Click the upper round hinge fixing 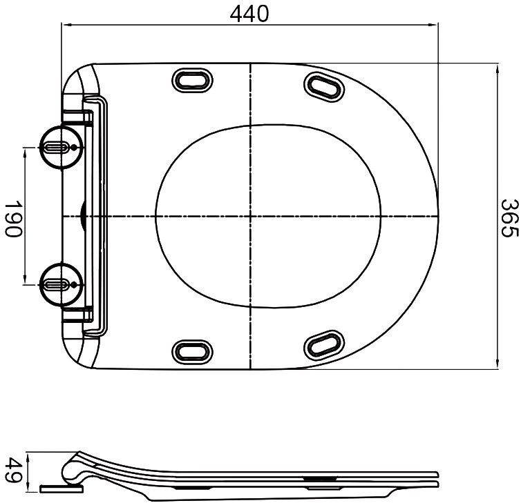pos(61,147)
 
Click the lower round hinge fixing pos(61,284)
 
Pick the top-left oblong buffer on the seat pos(192,80)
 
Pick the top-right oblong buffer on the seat pos(323,86)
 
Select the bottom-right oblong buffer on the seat pos(323,344)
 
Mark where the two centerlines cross pos(249,216)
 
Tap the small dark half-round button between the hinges pos(83,216)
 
